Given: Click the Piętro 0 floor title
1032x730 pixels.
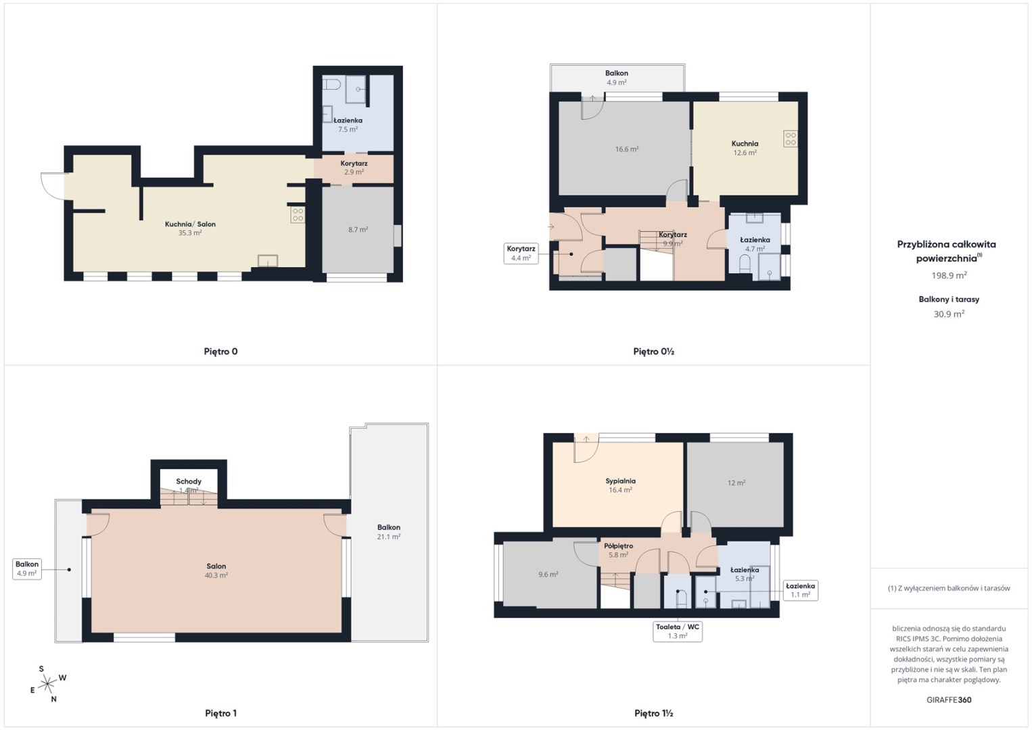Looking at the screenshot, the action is click(220, 351).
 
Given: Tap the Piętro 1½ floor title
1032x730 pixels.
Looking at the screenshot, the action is click(654, 713).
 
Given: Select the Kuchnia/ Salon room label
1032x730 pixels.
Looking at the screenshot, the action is click(190, 224).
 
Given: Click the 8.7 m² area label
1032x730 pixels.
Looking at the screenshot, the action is click(358, 229).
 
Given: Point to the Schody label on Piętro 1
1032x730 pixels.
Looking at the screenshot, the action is click(189, 481).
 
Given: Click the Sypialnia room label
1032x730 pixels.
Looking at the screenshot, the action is click(621, 481).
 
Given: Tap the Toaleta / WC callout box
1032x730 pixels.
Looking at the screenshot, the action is click(678, 631).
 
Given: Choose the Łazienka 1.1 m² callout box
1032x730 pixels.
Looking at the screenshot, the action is click(801, 590).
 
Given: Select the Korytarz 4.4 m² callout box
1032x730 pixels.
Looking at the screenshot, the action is click(521, 253).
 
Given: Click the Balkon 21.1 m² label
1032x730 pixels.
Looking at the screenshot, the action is click(389, 531).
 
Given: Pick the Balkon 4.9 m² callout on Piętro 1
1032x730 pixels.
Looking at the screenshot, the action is click(27, 569).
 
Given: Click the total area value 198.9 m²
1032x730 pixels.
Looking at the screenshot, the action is click(949, 275).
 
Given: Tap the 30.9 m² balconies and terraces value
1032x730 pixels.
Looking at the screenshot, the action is click(949, 314).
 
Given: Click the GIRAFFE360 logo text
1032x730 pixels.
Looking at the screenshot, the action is click(949, 700).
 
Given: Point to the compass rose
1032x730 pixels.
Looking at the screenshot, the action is click(47, 684).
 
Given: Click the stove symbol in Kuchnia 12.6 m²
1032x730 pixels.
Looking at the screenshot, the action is click(791, 139).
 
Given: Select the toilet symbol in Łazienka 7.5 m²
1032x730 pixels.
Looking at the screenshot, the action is click(331, 84).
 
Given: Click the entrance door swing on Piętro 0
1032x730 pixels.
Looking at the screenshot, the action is click(54, 186).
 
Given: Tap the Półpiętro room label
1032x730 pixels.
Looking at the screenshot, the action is click(618, 545).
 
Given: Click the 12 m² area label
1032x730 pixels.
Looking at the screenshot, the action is click(736, 483).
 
